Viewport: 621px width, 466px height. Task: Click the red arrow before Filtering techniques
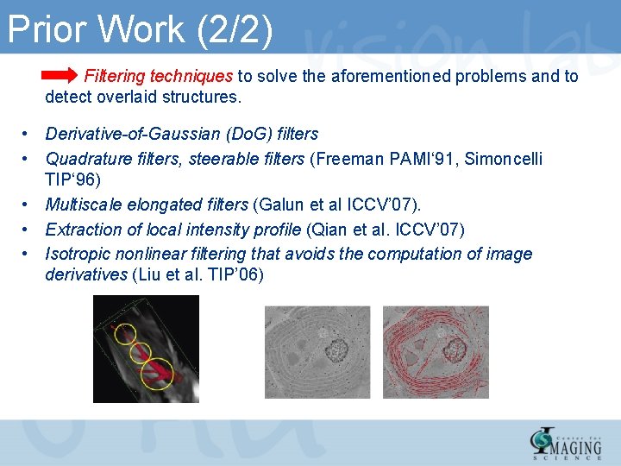pyautogui.click(x=60, y=77)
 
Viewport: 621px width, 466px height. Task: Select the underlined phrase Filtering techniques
pyautogui.click(x=159, y=77)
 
